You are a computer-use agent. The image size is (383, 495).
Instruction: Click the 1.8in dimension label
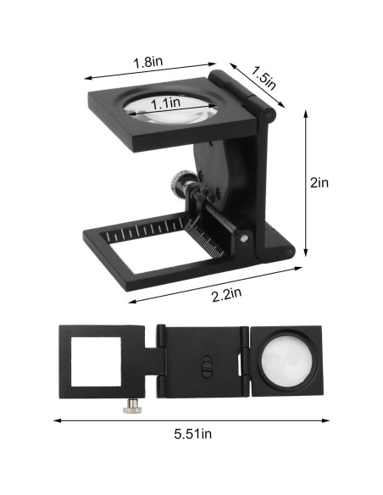click(149, 62)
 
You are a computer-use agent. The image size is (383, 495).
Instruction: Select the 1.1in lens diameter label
click(165, 103)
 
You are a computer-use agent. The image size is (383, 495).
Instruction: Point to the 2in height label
click(319, 181)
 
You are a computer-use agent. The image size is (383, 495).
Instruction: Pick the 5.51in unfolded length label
click(193, 434)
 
